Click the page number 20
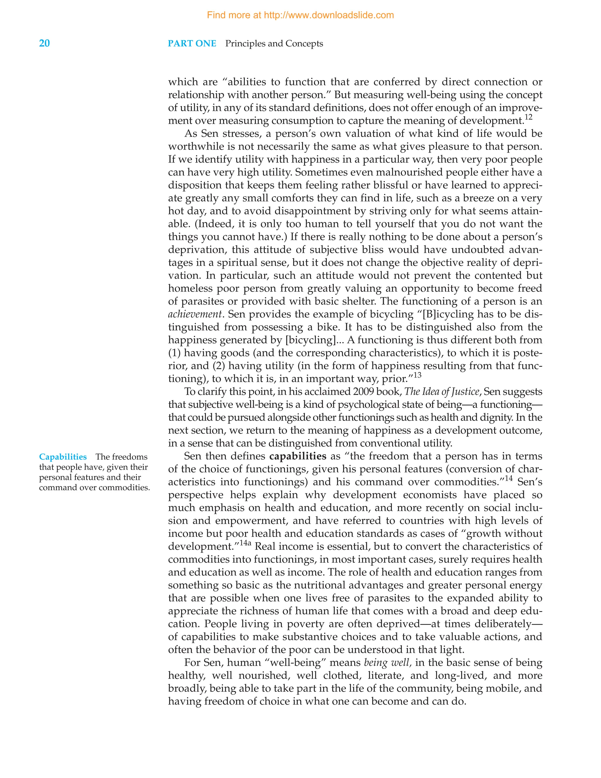click(44, 43)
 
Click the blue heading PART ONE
click(192, 43)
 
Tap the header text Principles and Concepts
click(274, 43)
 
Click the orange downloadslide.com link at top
click(300, 15)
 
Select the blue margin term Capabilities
click(63, 457)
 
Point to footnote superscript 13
click(417, 375)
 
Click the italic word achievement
click(195, 314)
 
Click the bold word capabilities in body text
click(298, 456)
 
